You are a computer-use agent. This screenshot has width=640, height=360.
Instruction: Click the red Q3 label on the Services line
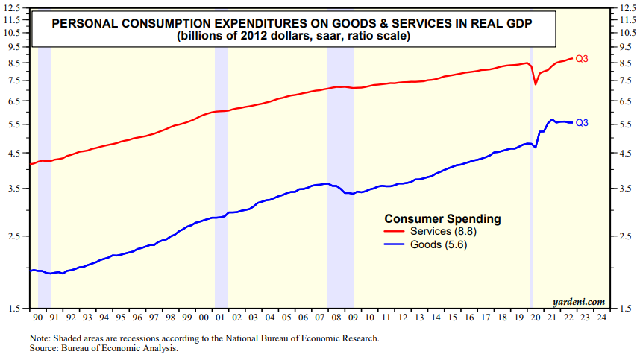coord(583,58)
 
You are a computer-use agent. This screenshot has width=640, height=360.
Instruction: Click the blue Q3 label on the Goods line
coord(583,122)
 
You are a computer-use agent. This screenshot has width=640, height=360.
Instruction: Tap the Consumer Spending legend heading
coord(442,219)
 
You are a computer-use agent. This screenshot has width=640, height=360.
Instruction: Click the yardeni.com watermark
coord(579,301)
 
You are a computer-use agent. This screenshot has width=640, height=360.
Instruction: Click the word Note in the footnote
coord(40,338)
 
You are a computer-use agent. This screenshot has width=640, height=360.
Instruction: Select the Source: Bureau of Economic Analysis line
coord(104,347)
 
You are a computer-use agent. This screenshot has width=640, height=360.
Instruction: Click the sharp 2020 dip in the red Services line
coord(536,84)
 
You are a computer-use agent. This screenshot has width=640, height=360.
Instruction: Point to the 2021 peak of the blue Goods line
coord(551,119)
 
